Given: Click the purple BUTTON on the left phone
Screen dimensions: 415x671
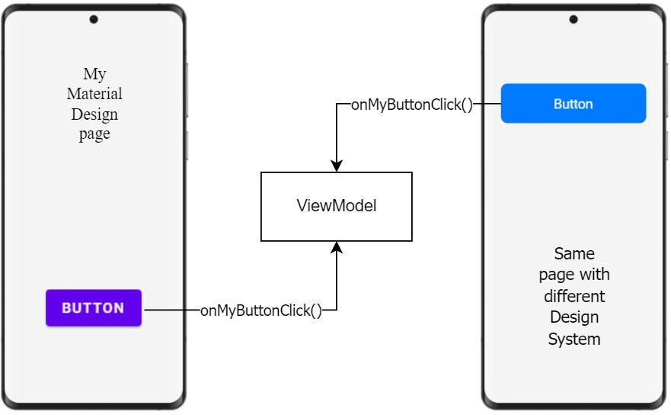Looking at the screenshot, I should (x=93, y=308).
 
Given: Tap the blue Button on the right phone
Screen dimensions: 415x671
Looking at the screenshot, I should (x=573, y=104).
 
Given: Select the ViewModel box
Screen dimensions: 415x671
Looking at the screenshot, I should (x=336, y=207).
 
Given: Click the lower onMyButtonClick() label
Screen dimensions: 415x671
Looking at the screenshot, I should (x=260, y=310).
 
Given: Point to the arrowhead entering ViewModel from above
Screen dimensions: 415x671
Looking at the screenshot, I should (x=336, y=166).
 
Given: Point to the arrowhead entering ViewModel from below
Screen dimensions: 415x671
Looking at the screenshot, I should (x=336, y=248).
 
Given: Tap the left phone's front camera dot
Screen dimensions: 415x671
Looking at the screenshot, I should (x=94, y=19).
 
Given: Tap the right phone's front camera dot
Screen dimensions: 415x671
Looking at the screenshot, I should (x=573, y=19).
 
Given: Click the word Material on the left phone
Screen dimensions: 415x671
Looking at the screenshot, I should (x=94, y=95).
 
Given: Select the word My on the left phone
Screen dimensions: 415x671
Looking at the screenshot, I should (x=94, y=74).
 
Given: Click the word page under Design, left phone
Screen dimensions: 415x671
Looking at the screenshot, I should (x=94, y=134).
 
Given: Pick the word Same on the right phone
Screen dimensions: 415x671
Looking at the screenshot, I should (x=574, y=253).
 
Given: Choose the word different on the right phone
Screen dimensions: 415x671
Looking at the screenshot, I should (x=574, y=296).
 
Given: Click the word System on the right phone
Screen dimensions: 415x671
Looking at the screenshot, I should (x=574, y=339).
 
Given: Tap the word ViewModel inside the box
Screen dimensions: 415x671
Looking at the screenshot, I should (x=336, y=207).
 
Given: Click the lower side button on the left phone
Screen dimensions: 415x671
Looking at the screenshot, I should (x=187, y=144).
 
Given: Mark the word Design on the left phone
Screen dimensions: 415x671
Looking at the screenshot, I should (x=94, y=114).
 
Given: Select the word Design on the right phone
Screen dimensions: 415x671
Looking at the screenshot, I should (x=574, y=317).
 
